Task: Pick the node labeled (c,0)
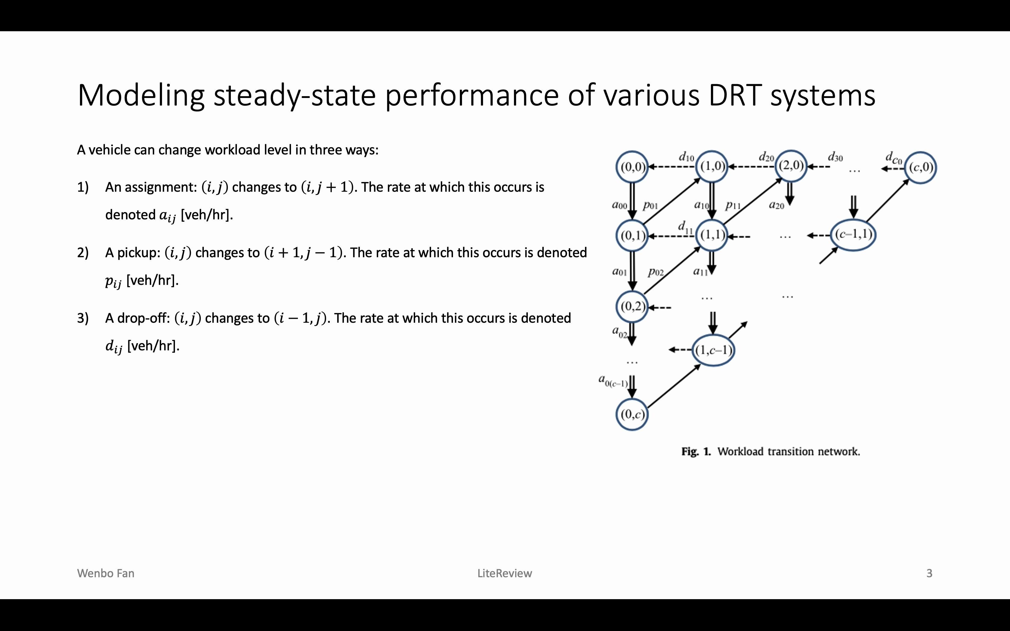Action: (922, 168)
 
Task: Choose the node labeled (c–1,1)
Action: (853, 235)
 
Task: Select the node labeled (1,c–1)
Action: (714, 350)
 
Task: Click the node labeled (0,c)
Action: (632, 414)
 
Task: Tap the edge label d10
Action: (687, 157)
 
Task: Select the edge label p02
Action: (656, 273)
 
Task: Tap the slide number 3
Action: (929, 573)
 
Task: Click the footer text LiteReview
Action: (505, 573)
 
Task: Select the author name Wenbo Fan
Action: (106, 573)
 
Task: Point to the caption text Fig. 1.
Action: (696, 452)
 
